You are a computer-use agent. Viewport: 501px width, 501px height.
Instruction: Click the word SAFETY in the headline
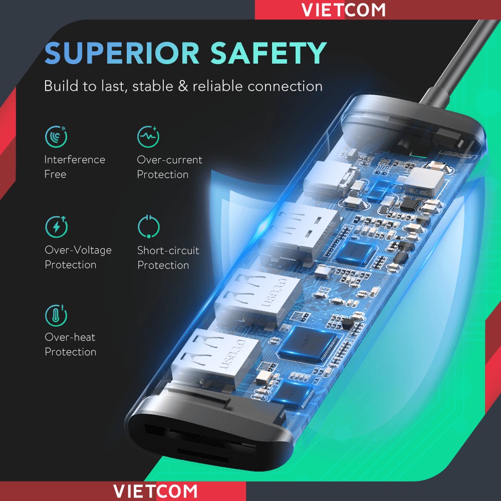tap(269, 53)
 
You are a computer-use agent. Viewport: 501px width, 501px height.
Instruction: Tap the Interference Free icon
tap(56, 136)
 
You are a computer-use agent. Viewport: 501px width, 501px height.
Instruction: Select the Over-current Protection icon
tap(148, 136)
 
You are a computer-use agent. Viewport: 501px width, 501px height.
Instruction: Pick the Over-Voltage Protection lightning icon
tap(56, 227)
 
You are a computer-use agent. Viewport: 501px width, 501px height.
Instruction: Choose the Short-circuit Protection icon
tap(149, 227)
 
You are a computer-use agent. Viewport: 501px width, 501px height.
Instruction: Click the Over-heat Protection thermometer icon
tap(56, 315)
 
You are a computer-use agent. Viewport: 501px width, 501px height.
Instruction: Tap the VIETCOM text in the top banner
tap(344, 10)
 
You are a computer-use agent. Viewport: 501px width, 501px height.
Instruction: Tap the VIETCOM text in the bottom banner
tap(155, 491)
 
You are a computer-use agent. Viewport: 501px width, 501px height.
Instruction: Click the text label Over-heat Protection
tap(71, 345)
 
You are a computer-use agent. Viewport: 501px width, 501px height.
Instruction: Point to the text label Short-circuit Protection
tap(168, 258)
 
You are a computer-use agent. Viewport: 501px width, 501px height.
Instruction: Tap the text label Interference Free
tap(75, 167)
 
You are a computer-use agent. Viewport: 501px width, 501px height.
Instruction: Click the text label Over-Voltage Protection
tap(78, 258)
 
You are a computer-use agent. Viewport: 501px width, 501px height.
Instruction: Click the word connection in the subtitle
tap(285, 86)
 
